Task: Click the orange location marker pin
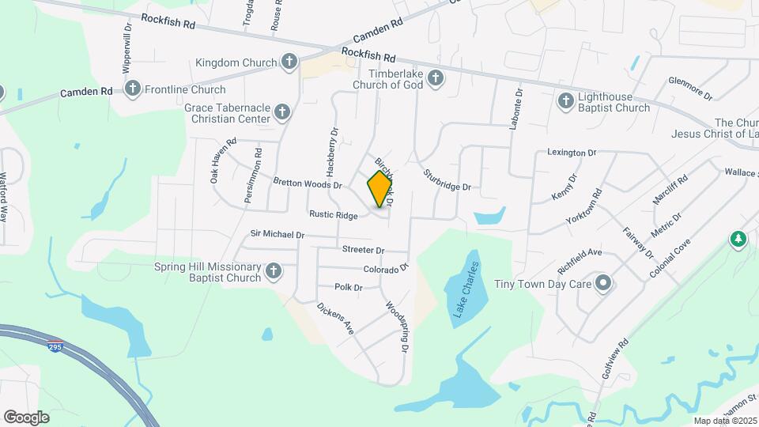(380, 188)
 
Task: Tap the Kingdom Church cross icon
(289, 62)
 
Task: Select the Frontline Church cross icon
(133, 89)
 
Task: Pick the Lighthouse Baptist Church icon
(565, 100)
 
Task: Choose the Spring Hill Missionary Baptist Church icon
(274, 271)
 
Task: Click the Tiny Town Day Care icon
(604, 283)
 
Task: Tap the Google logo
(26, 417)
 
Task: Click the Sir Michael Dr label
(278, 235)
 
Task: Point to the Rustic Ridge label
(334, 214)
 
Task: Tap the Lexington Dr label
(572, 152)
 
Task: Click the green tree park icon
(738, 238)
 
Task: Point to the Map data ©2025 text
(725, 420)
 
